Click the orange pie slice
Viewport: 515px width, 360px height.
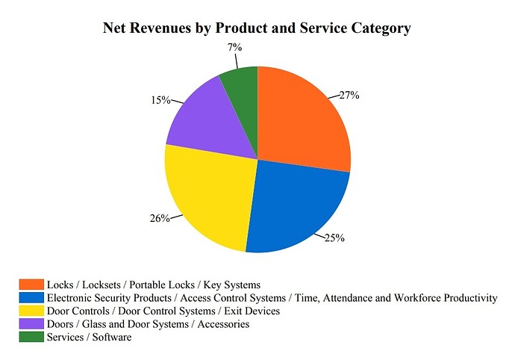tap(302, 120)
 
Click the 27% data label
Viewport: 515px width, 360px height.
tap(349, 95)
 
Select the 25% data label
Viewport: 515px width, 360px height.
tap(334, 238)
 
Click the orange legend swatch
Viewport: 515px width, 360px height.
tap(31, 285)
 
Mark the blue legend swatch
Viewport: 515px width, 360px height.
tap(31, 298)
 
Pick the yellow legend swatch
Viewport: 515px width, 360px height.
tap(31, 311)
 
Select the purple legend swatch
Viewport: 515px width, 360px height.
tap(31, 324)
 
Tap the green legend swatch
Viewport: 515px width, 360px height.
tap(31, 337)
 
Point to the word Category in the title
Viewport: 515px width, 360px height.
tap(380, 29)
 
